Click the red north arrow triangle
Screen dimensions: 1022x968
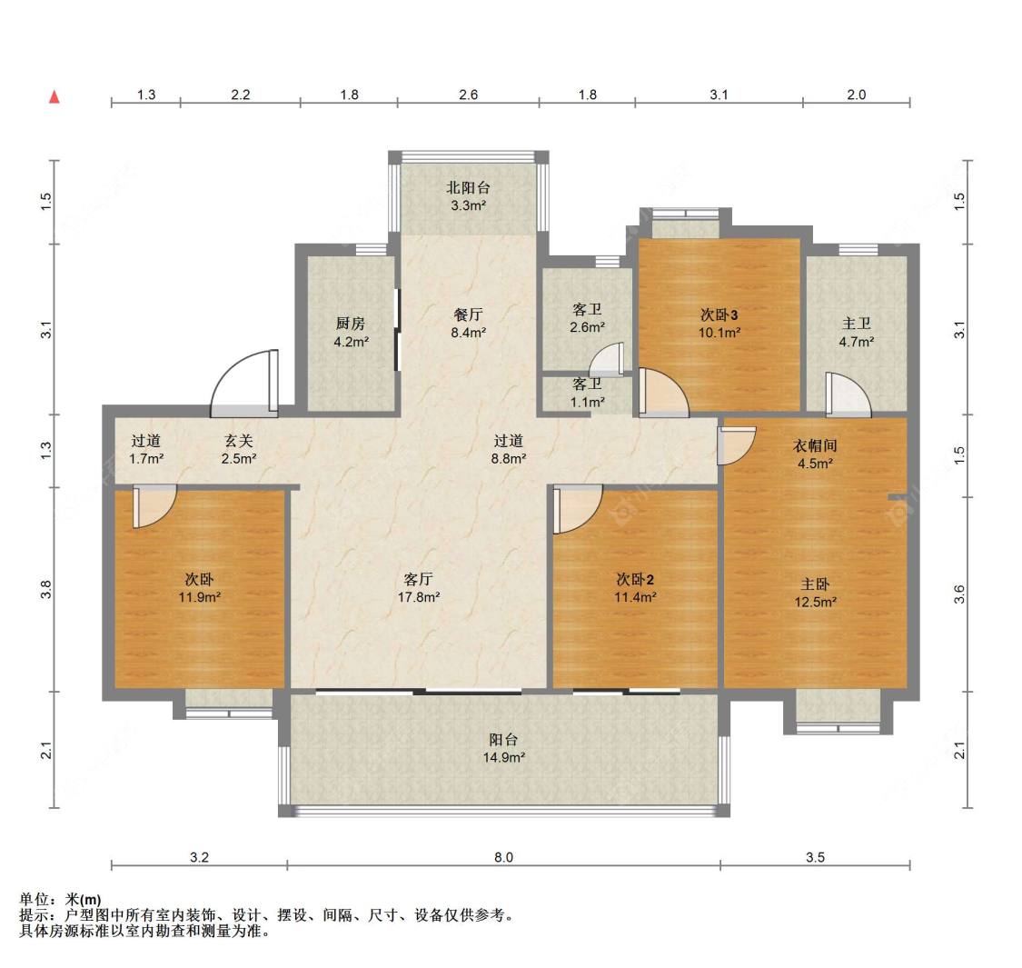point(55,97)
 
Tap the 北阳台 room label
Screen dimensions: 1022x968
point(468,188)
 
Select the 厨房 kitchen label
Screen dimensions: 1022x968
point(350,323)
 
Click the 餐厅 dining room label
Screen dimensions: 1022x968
point(468,314)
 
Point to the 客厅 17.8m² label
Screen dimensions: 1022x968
point(419,588)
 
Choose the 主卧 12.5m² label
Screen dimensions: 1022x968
point(816,593)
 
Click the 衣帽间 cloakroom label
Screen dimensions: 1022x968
point(815,445)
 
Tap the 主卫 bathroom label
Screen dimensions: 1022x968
point(857,324)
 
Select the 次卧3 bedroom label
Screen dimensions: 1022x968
point(719,314)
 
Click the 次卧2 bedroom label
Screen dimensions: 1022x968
point(636,579)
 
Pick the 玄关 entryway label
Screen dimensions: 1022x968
point(239,441)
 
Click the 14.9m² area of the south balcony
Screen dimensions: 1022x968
point(504,757)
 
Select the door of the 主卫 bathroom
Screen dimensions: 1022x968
point(848,394)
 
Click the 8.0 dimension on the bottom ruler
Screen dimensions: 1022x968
point(503,857)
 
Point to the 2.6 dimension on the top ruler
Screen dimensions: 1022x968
point(468,95)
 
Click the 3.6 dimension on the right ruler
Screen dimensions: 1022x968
point(959,594)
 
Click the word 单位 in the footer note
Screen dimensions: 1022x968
point(35,901)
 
